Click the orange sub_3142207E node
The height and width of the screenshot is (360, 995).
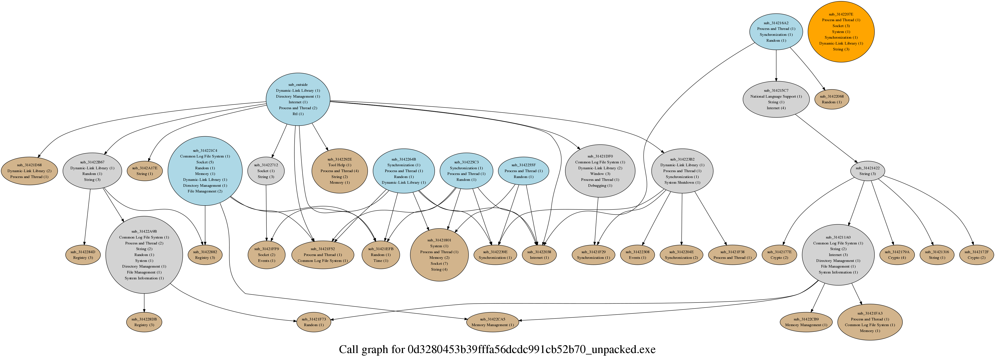click(841, 32)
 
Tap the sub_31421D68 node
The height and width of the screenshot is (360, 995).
click(29, 171)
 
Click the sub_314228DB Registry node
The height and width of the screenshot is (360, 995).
click(144, 322)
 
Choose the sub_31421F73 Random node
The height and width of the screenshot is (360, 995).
click(314, 322)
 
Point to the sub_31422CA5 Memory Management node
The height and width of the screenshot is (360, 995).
click(493, 322)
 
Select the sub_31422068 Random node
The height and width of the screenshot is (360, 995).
click(832, 99)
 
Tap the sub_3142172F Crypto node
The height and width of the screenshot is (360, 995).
click(976, 254)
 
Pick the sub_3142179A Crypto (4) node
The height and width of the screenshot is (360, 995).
click(897, 254)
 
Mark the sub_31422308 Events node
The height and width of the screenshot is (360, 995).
click(637, 254)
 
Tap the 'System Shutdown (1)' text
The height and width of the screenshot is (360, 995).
click(682, 183)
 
